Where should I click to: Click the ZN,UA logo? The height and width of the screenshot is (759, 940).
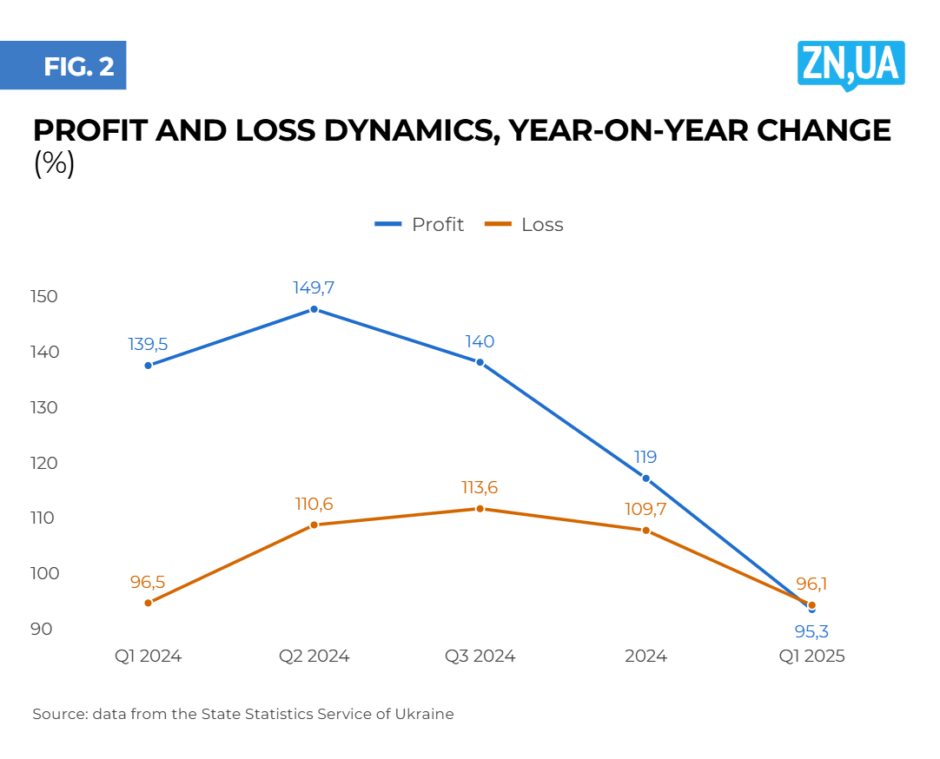(x=851, y=64)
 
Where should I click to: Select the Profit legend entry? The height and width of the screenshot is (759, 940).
(x=420, y=225)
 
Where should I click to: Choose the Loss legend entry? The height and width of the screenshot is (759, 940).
(x=525, y=225)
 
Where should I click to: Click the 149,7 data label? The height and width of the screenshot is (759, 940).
(x=314, y=287)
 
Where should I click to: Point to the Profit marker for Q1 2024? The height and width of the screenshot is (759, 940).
(x=149, y=366)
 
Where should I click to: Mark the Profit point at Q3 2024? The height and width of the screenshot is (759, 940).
(x=480, y=362)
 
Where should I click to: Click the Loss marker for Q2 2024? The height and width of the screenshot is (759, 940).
(x=314, y=525)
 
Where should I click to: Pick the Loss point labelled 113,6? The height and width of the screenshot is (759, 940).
(x=480, y=508)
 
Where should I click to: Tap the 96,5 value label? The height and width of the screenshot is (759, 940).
(x=148, y=582)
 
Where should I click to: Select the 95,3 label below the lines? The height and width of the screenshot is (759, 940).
(x=811, y=631)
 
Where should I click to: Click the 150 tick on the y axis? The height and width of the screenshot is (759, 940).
(x=43, y=297)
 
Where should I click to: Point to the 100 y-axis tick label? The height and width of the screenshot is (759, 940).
(x=43, y=573)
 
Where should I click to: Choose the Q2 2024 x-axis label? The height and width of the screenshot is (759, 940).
(x=314, y=656)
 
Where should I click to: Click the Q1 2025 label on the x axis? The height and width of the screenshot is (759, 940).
(x=811, y=656)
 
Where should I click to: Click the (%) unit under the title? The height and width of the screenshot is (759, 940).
(x=54, y=163)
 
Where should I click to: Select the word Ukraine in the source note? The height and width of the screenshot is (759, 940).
(x=427, y=714)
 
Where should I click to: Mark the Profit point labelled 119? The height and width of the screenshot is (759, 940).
(x=645, y=478)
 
